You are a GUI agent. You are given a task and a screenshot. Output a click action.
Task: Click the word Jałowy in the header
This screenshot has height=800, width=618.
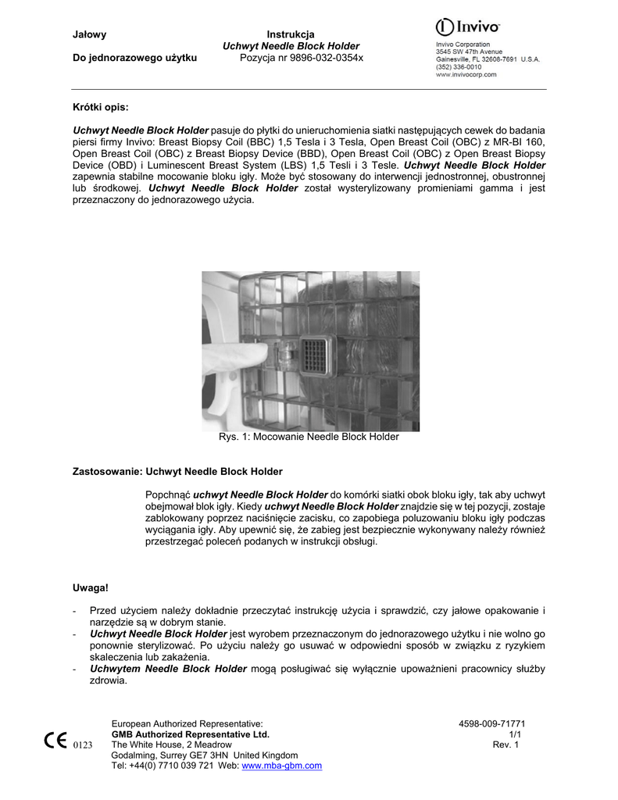(89, 34)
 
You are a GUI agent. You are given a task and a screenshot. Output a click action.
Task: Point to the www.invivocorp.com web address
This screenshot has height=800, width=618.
(466, 75)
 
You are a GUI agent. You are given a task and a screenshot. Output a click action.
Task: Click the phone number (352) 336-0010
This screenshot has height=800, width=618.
(459, 67)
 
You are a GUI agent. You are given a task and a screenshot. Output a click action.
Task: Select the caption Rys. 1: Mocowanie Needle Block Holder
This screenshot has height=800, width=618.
(309, 437)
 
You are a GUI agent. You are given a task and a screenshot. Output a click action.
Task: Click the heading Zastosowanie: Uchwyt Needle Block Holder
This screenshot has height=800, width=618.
(177, 472)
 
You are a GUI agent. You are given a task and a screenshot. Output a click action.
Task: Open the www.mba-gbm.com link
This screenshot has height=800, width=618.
(282, 766)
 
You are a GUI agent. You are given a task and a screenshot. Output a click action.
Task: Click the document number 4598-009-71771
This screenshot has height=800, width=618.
(491, 724)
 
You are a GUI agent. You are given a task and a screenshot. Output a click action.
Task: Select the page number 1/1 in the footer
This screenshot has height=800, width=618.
(515, 734)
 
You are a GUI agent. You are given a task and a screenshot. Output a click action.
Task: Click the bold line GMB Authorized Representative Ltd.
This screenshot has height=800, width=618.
(191, 734)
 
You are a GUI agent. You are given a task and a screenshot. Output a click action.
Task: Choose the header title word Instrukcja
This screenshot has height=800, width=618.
(291, 34)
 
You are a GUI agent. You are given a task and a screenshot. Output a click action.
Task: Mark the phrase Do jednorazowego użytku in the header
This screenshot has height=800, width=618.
(134, 58)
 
